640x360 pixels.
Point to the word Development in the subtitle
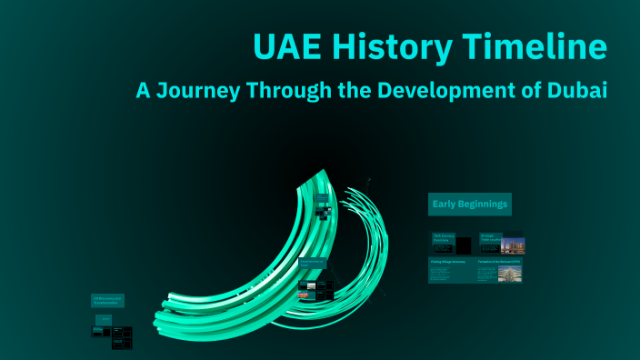click(437, 91)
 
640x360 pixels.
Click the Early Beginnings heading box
click(470, 204)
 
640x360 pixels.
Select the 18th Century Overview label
click(443, 238)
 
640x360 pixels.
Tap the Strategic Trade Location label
click(491, 238)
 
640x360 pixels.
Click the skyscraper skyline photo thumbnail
click(513, 245)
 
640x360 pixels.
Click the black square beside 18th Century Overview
click(463, 245)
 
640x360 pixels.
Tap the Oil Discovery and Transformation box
click(107, 300)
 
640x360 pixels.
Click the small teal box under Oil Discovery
click(105, 319)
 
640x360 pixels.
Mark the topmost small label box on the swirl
click(322, 197)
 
